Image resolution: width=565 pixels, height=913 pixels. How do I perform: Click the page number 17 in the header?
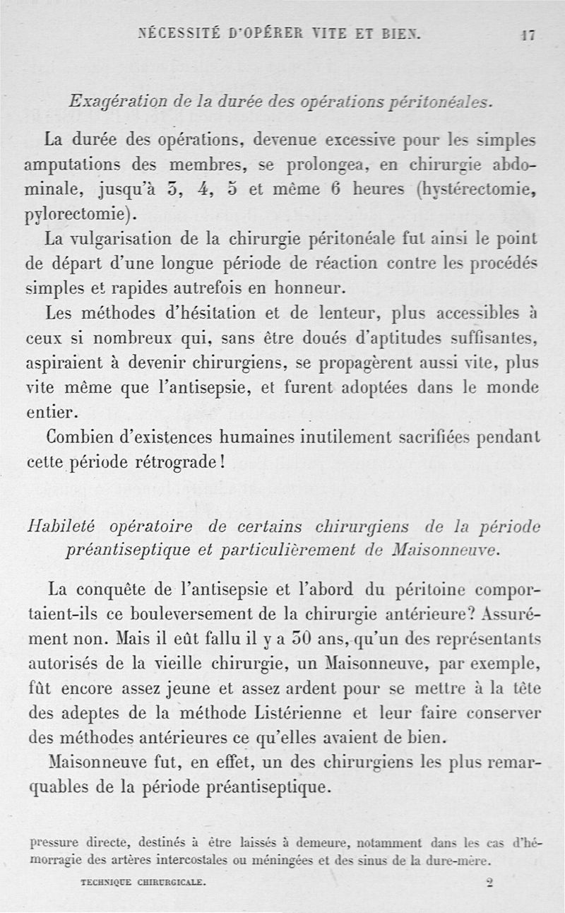pyautogui.click(x=526, y=35)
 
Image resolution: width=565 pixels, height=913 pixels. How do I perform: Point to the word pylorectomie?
pyautogui.click(x=79, y=213)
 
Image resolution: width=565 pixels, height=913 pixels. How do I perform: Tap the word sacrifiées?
pyautogui.click(x=432, y=437)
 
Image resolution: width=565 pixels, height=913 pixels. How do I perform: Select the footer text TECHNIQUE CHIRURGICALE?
pyautogui.click(x=143, y=883)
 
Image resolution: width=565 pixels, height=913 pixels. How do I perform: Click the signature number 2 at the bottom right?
pyautogui.click(x=490, y=883)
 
